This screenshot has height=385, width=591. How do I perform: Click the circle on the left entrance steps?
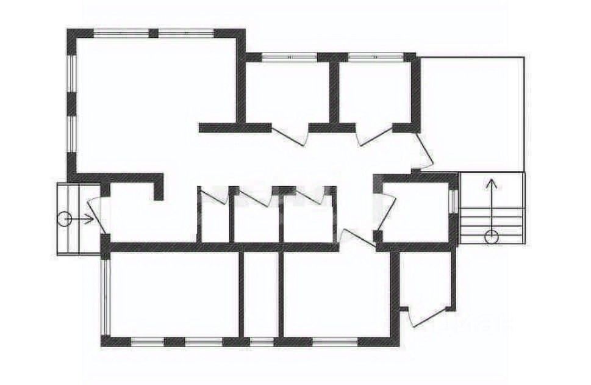click(64, 219)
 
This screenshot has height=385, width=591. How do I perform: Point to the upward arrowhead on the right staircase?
click(491, 181)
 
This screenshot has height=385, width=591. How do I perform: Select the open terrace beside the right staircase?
click(473, 113)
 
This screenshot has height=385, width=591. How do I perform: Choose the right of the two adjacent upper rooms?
click(375, 92)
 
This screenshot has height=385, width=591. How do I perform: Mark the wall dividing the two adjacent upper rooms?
click(334, 92)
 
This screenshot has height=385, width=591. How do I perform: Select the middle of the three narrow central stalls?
click(256, 220)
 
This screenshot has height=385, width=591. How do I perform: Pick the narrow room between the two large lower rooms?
click(260, 293)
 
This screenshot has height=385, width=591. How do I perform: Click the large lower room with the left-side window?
click(174, 293)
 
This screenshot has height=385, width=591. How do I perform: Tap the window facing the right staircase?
click(452, 201)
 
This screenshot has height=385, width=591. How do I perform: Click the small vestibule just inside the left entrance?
click(131, 214)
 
